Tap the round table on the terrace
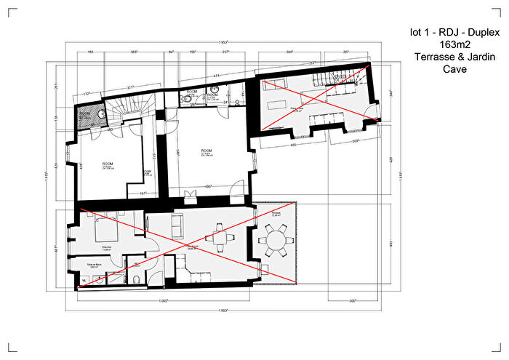click(x=277, y=239)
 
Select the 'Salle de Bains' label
click(x=94, y=265)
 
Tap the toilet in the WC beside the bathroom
click(x=136, y=279)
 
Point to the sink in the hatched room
click(x=100, y=113)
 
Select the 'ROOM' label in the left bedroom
click(x=108, y=164)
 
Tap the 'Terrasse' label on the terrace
click(x=276, y=215)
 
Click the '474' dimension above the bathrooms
click(x=216, y=76)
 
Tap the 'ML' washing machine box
click(x=84, y=279)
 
